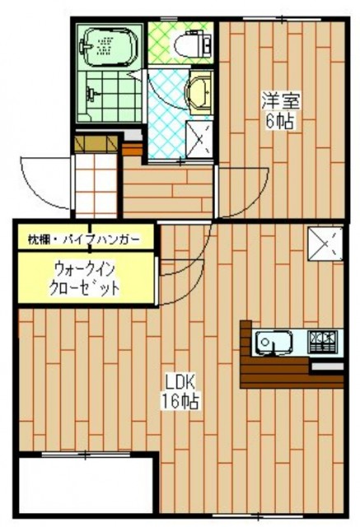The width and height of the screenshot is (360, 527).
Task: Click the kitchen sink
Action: point(274,343)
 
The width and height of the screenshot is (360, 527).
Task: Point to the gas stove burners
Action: point(322,341)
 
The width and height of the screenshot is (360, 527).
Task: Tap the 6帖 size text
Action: point(279,121)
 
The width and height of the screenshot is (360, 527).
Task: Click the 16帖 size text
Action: point(180,401)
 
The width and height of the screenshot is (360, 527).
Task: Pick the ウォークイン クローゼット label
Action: point(84,278)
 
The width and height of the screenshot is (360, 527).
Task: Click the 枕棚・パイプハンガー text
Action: point(84,240)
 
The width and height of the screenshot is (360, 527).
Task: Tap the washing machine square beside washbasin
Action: point(199,139)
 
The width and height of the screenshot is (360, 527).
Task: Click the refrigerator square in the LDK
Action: point(325,244)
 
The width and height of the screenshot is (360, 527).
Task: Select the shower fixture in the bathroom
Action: point(91,94)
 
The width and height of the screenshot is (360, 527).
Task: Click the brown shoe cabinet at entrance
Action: point(96,143)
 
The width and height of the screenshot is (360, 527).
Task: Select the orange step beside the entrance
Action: point(133,150)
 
